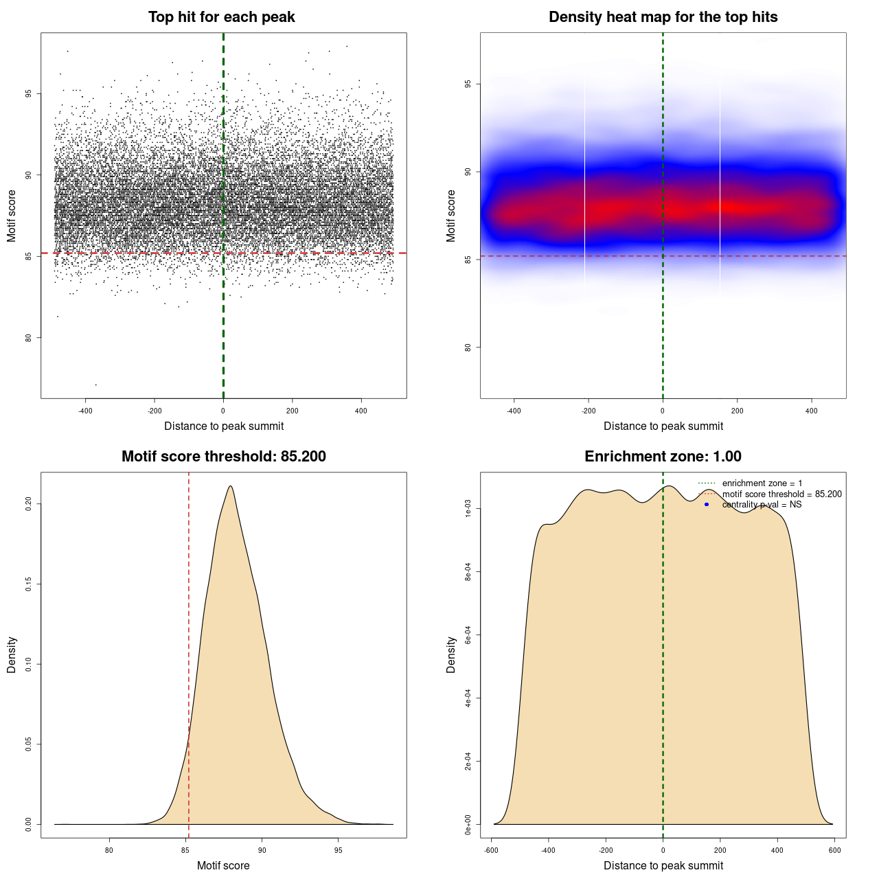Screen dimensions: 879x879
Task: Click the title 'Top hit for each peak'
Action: pyautogui.click(x=221, y=17)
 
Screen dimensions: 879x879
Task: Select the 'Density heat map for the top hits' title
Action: pyautogui.click(x=663, y=17)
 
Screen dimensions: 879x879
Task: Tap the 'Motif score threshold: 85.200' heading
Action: pyautogui.click(x=223, y=457)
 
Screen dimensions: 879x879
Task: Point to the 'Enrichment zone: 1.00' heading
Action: pyautogui.click(x=663, y=457)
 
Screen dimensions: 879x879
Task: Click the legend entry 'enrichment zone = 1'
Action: pyautogui.click(x=762, y=483)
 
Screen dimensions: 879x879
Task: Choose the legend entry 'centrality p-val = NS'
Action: pyautogui.click(x=762, y=505)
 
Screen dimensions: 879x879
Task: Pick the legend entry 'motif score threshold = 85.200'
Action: pyautogui.click(x=781, y=494)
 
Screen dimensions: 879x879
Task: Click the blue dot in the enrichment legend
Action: pyautogui.click(x=707, y=505)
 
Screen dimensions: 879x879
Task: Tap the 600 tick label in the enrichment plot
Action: pyautogui.click(x=834, y=850)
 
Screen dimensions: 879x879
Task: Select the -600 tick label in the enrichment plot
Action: pyautogui.click(x=491, y=850)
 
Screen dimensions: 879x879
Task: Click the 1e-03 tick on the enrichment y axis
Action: pyautogui.click(x=468, y=509)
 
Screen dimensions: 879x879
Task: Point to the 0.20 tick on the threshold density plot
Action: pyautogui.click(x=28, y=504)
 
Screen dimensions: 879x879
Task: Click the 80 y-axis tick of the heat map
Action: pyautogui.click(x=468, y=347)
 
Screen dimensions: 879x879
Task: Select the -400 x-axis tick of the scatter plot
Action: pyautogui.click(x=85, y=411)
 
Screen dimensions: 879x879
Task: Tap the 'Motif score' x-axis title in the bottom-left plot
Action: pyautogui.click(x=223, y=865)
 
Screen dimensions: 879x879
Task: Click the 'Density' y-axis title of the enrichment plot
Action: pyautogui.click(x=451, y=654)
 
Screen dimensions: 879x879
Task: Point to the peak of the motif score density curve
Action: pyautogui.click(x=230, y=486)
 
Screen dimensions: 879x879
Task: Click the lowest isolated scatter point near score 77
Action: pyautogui.click(x=95, y=385)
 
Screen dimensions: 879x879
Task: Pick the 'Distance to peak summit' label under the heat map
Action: pyautogui.click(x=663, y=426)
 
